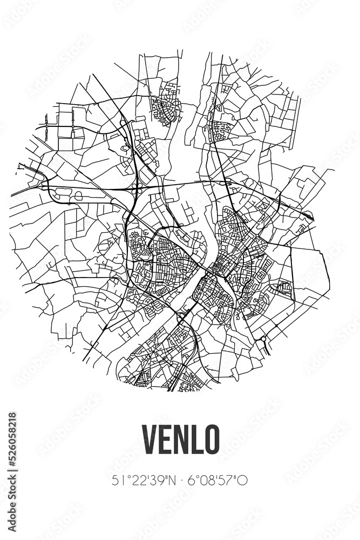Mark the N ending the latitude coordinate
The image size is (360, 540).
point(165,480)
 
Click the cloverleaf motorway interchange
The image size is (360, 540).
point(136,190)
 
